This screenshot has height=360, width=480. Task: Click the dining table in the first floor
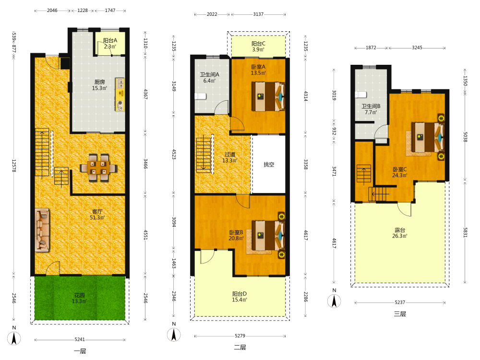click(x=98, y=168)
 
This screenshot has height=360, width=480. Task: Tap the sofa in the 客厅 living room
click(x=42, y=230)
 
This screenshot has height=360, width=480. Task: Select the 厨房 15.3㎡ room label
click(x=99, y=85)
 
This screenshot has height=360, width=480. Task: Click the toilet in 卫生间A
click(x=201, y=96)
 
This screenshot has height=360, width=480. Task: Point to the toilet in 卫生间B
click(x=361, y=94)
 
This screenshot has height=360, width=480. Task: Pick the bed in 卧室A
click(x=268, y=96)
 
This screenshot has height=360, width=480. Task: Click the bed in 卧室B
click(x=268, y=235)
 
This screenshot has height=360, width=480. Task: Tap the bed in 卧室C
click(x=428, y=137)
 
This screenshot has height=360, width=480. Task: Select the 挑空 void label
click(x=269, y=164)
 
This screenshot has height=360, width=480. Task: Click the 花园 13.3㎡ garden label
click(x=79, y=298)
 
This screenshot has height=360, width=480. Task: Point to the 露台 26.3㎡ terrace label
click(x=400, y=233)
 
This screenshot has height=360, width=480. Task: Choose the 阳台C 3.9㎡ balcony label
click(x=258, y=47)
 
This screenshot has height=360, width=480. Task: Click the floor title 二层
click(x=240, y=347)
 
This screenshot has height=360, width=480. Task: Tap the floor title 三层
click(x=400, y=314)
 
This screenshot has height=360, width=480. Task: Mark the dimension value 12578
click(x=14, y=165)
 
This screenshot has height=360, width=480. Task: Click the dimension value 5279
click(x=240, y=336)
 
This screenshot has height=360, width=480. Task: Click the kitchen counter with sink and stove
click(x=120, y=94)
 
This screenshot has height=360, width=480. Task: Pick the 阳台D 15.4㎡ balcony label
click(x=240, y=297)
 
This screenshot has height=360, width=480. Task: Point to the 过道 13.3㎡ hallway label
click(x=230, y=157)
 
